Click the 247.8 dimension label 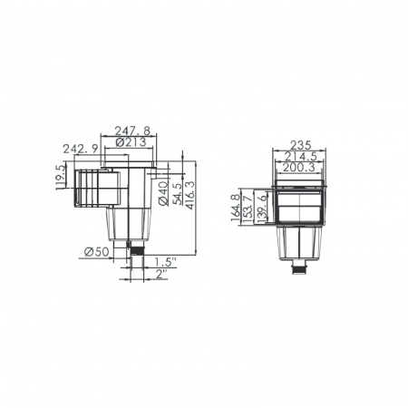coord(132,131)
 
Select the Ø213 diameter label coord(131,142)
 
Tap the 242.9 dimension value coord(81,149)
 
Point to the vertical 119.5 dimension coord(61,177)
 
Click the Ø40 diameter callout coord(164,193)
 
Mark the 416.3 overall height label coord(190,195)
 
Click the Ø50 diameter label coord(96,252)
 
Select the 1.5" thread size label coord(165,262)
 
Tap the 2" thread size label coord(161,274)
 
